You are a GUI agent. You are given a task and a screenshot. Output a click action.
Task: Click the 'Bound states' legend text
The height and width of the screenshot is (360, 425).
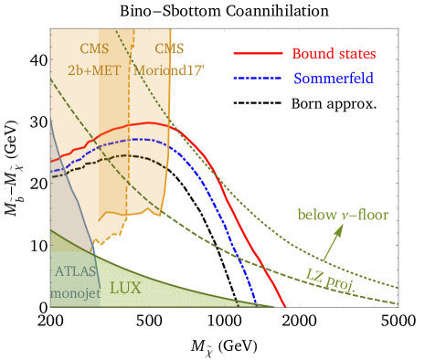click(x=334, y=55)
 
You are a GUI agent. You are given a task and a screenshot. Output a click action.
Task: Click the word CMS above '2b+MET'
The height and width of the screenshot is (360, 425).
click(x=97, y=48)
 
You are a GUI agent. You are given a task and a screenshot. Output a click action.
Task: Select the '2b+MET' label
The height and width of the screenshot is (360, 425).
click(x=97, y=68)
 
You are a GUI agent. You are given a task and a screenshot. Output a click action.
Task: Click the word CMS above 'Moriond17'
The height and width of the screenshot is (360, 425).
click(x=169, y=48)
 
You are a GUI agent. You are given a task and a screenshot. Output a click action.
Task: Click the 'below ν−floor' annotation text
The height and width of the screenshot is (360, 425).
click(x=342, y=215)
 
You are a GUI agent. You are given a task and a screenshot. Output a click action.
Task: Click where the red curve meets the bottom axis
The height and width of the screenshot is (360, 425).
click(x=284, y=305)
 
